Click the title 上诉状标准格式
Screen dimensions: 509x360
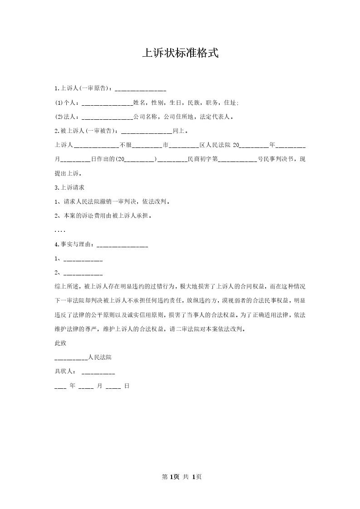180,53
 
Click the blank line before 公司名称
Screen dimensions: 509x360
107,117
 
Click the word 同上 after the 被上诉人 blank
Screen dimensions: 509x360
178,132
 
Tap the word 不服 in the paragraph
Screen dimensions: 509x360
125,146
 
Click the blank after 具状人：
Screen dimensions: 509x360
98,372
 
